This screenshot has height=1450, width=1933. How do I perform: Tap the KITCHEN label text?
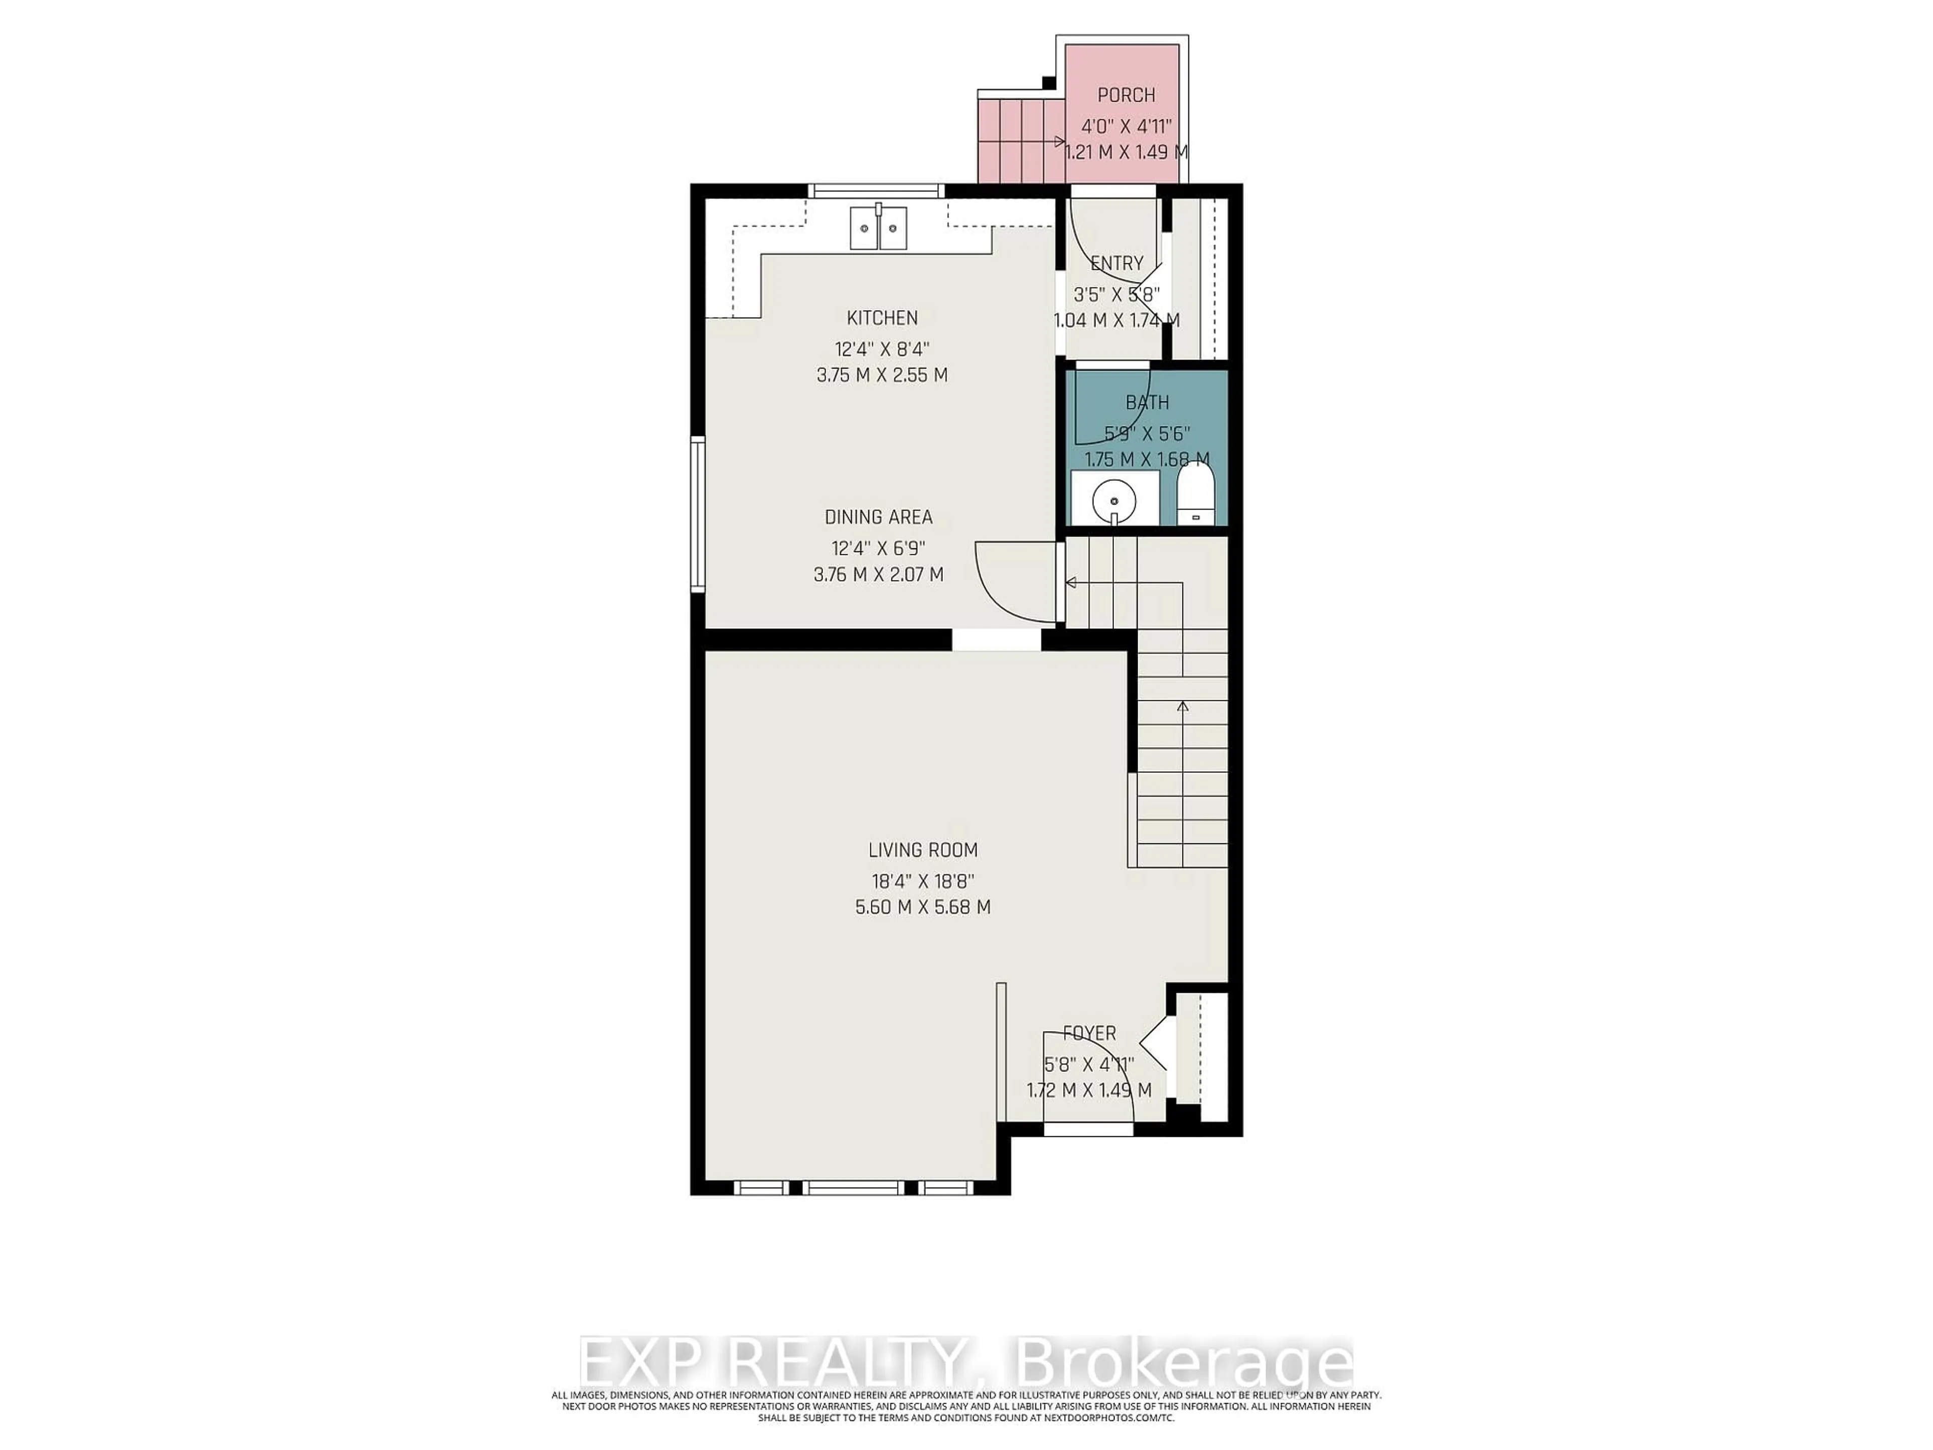tap(882, 318)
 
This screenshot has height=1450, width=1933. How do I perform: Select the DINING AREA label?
tap(878, 518)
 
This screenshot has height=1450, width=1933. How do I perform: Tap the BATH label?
tap(1147, 403)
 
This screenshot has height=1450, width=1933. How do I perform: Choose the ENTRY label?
tap(1117, 263)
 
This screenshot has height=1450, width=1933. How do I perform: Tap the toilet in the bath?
tap(1195, 495)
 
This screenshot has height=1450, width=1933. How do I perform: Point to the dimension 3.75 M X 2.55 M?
tap(882, 375)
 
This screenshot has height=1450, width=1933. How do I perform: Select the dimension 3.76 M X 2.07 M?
tap(878, 575)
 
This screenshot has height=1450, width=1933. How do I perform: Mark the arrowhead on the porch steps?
tap(1059, 141)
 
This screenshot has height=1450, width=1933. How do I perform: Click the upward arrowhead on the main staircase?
tap(1183, 706)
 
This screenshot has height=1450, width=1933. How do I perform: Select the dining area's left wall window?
tap(697, 516)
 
